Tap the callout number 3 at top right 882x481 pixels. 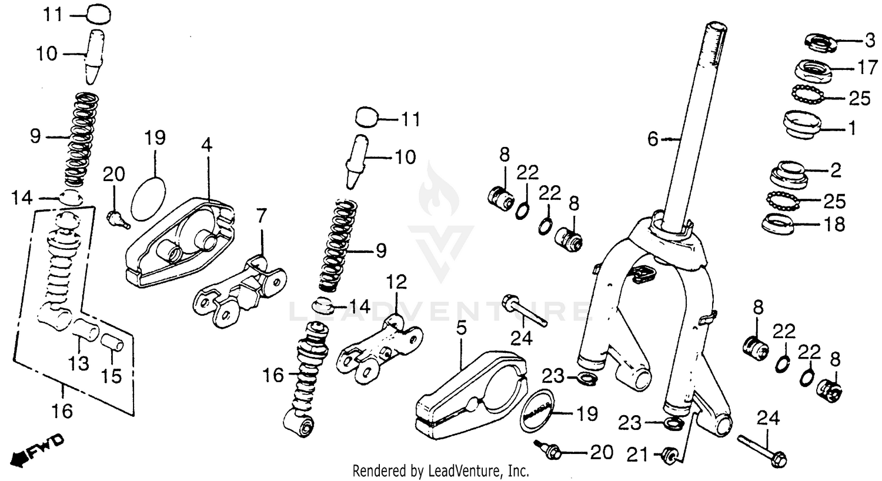[870, 41]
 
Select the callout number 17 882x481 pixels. [867, 68]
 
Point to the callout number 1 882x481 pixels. [852, 128]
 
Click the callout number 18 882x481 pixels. [835, 223]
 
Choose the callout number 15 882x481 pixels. [112, 375]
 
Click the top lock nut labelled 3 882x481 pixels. [820, 42]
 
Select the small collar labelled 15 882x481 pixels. [111, 342]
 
